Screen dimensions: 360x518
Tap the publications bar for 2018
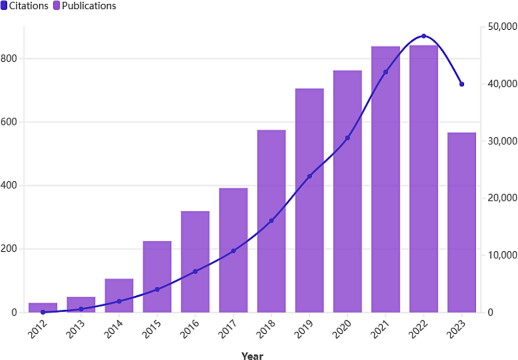pyautogui.click(x=271, y=221)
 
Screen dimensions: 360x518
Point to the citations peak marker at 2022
pyautogui.click(x=424, y=36)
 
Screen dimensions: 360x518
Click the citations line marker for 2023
pyautogui.click(x=461, y=84)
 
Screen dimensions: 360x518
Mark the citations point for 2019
pyautogui.click(x=309, y=176)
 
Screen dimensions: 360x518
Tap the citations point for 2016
pyautogui.click(x=195, y=271)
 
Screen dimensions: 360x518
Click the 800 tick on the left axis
pyautogui.click(x=10, y=58)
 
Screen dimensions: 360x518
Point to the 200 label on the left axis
pyautogui.click(x=10, y=249)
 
